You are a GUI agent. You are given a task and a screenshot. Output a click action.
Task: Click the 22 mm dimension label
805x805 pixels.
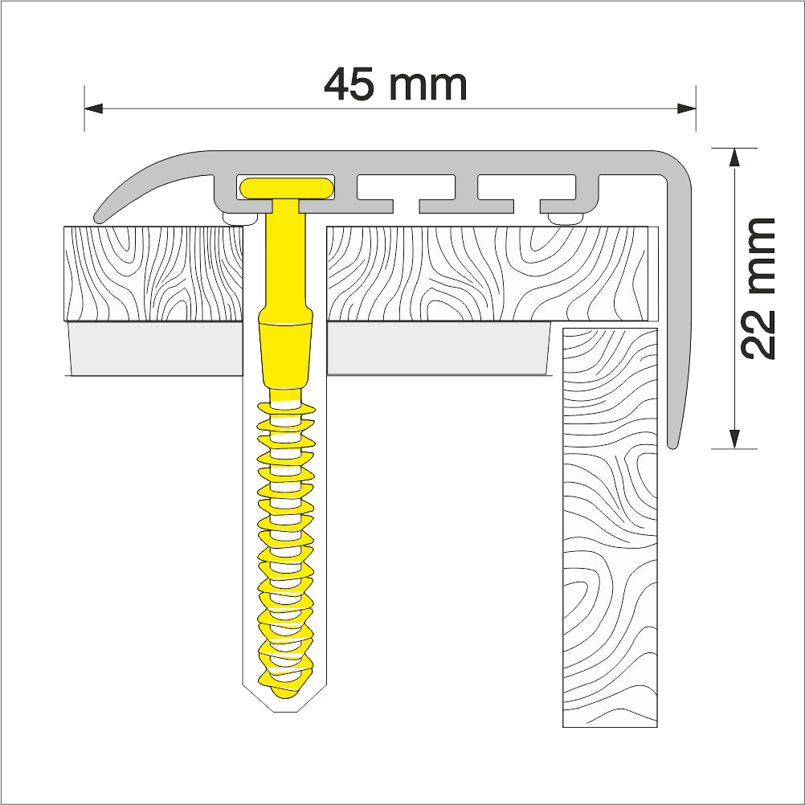(x=758, y=287)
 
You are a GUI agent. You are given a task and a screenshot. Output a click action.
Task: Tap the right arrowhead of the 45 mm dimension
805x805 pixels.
(x=686, y=107)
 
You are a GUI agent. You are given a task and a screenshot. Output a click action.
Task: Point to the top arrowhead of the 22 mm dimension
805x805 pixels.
(x=733, y=157)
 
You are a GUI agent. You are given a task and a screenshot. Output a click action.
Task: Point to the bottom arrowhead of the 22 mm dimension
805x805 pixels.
(x=733, y=439)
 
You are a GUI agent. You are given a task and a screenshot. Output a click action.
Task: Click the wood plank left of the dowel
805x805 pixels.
(x=153, y=273)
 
